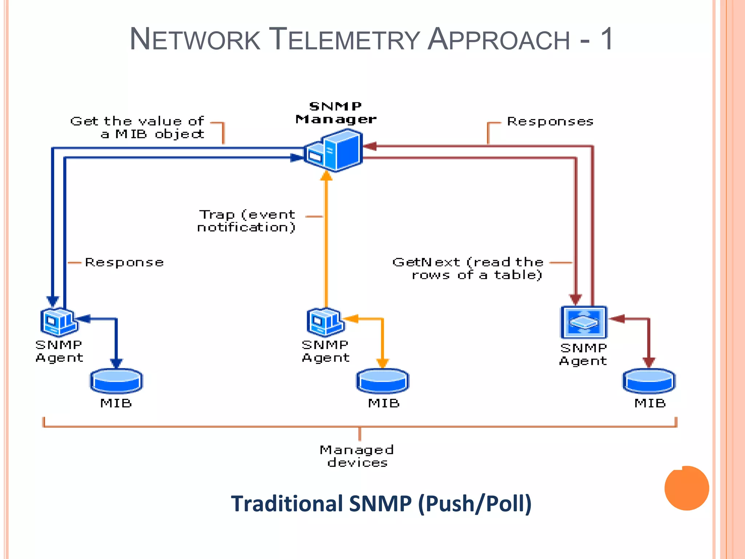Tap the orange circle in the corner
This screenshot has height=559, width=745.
tap(686, 488)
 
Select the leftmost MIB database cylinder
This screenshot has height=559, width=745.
tap(116, 381)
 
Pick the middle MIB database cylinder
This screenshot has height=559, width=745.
tap(383, 381)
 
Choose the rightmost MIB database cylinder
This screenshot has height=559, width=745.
tap(649, 381)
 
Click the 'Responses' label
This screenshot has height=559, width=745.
tap(550, 122)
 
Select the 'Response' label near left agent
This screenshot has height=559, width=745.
tap(124, 262)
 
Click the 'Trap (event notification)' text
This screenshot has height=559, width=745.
tap(247, 221)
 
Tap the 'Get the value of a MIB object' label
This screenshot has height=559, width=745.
tap(138, 127)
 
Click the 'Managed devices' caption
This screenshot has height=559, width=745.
tap(357, 456)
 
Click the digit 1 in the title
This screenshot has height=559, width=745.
tap(607, 39)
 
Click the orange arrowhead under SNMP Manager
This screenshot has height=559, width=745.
tap(326, 176)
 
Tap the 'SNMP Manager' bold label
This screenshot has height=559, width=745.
tap(335, 113)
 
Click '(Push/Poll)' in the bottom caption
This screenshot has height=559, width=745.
tap(475, 504)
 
